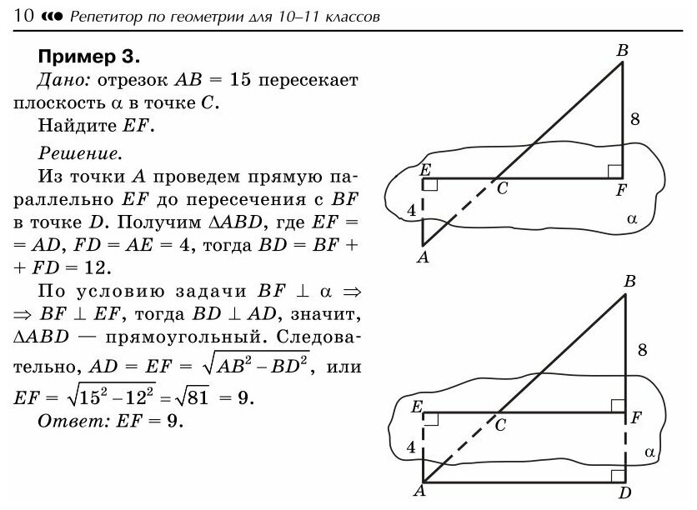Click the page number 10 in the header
click(24, 15)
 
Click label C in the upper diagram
click(502, 189)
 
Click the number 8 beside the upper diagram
click(635, 119)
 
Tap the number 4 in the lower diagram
click(410, 447)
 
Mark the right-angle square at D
click(617, 475)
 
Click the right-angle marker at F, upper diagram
click(614, 171)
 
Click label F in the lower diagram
click(635, 417)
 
